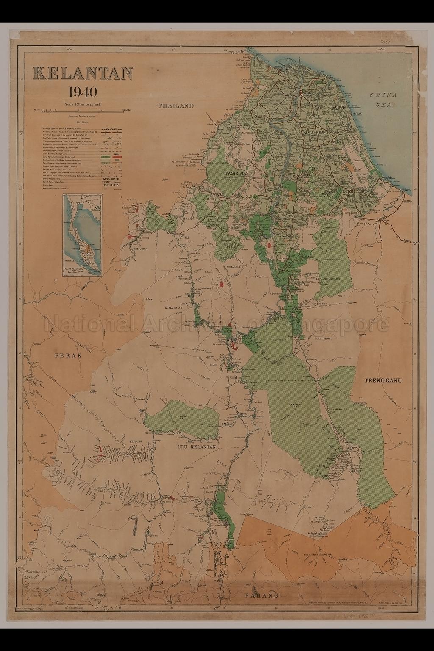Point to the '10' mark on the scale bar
click(100, 109)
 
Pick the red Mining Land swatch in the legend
click(118, 156)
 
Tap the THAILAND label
click(176, 106)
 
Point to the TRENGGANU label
click(383, 381)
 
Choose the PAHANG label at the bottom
click(262, 595)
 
